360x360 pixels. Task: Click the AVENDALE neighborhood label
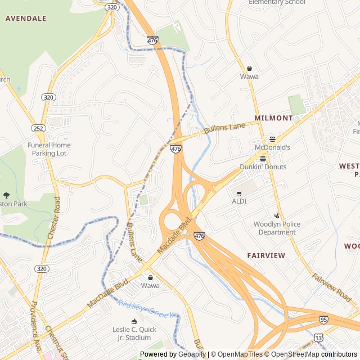coord(26,18)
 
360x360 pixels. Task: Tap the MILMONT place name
coord(274,118)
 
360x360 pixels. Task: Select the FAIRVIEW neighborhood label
coord(266,255)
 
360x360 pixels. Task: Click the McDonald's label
coord(273,147)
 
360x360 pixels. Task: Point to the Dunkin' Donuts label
coord(263,167)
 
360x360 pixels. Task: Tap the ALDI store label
coord(239,201)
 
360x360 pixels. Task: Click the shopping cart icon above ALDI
coord(239,193)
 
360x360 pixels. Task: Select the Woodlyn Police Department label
coord(277,228)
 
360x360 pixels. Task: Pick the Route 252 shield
coord(38,128)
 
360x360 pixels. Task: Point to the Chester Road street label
coord(53,219)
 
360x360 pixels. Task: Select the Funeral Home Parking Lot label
coord(49,149)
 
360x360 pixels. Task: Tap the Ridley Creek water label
coord(147,310)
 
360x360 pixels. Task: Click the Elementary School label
coord(277,2)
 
